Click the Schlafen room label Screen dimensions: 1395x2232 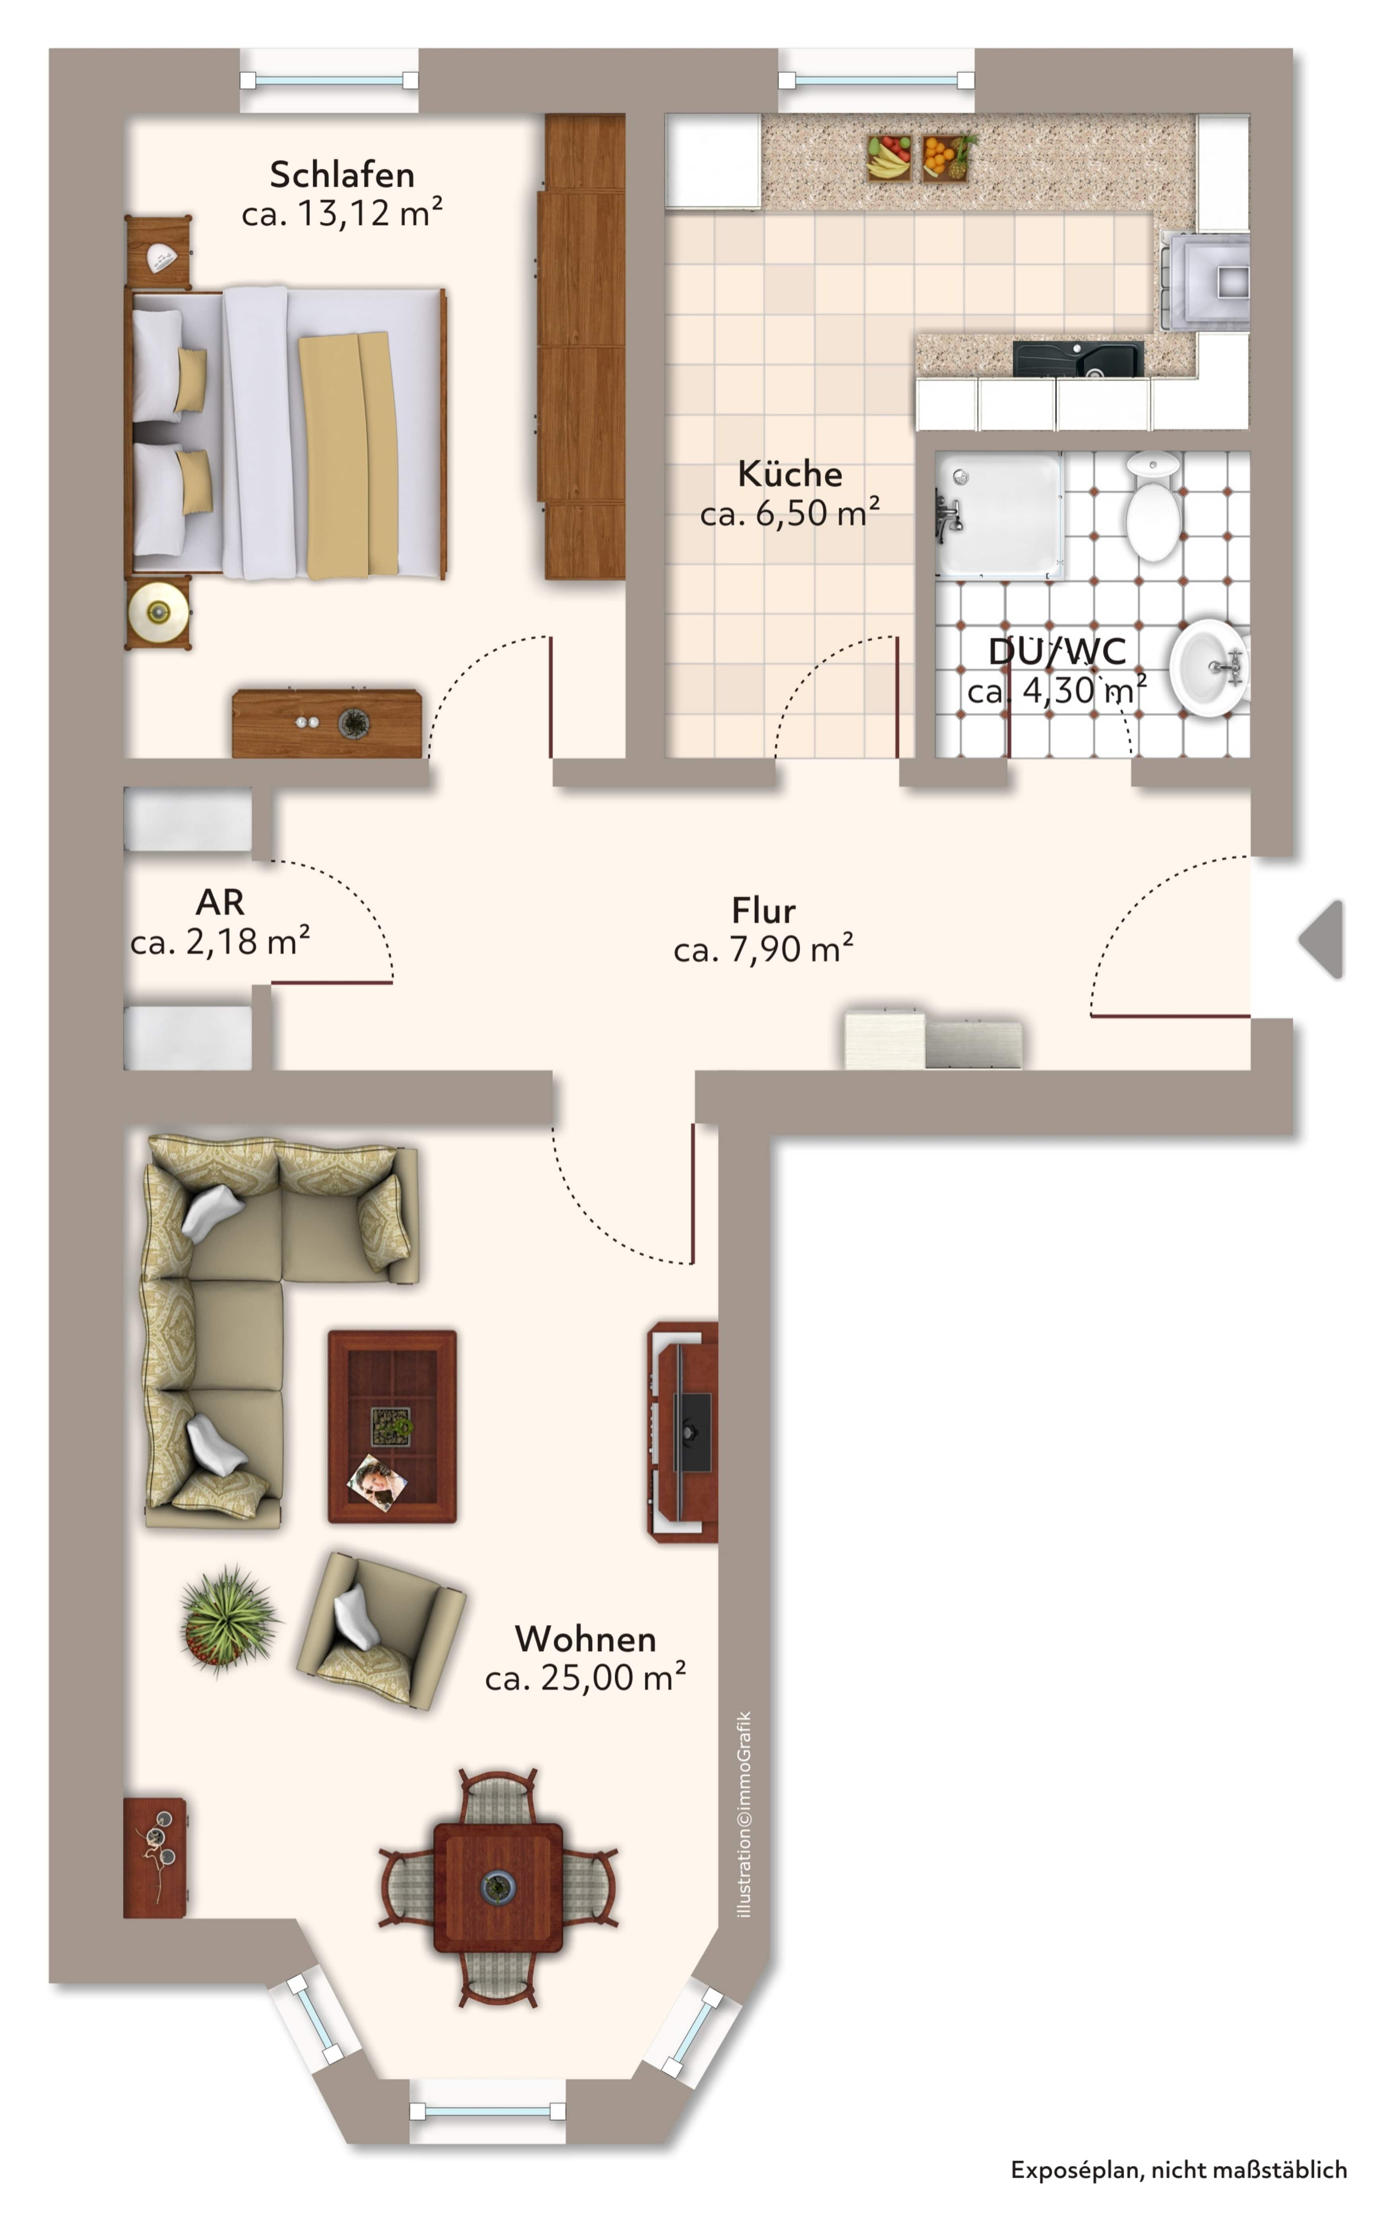[341, 174]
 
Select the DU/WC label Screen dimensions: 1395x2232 [1057, 651]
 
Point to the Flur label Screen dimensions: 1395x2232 [763, 911]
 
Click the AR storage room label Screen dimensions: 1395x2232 [220, 902]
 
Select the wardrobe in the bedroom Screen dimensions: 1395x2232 [582, 346]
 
